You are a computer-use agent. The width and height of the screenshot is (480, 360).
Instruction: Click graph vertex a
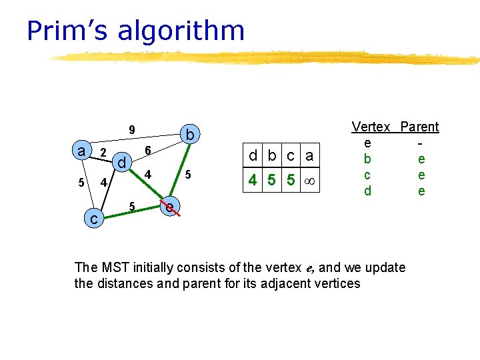click(81, 151)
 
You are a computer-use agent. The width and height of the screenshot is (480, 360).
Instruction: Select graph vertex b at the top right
click(190, 135)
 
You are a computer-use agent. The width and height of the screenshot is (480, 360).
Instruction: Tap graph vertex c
click(95, 218)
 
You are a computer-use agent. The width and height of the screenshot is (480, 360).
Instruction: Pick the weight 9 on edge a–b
click(132, 129)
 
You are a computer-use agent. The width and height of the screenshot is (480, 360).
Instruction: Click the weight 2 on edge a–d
click(103, 153)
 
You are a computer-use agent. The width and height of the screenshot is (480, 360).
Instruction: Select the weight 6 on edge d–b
click(149, 151)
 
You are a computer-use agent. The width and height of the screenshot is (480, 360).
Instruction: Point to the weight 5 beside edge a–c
click(81, 183)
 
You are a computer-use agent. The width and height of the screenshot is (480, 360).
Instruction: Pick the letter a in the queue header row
click(309, 157)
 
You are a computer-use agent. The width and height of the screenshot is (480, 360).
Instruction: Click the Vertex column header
click(371, 127)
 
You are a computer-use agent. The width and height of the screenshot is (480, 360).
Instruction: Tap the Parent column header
click(419, 127)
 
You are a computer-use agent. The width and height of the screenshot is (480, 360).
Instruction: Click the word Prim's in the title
click(66, 31)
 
